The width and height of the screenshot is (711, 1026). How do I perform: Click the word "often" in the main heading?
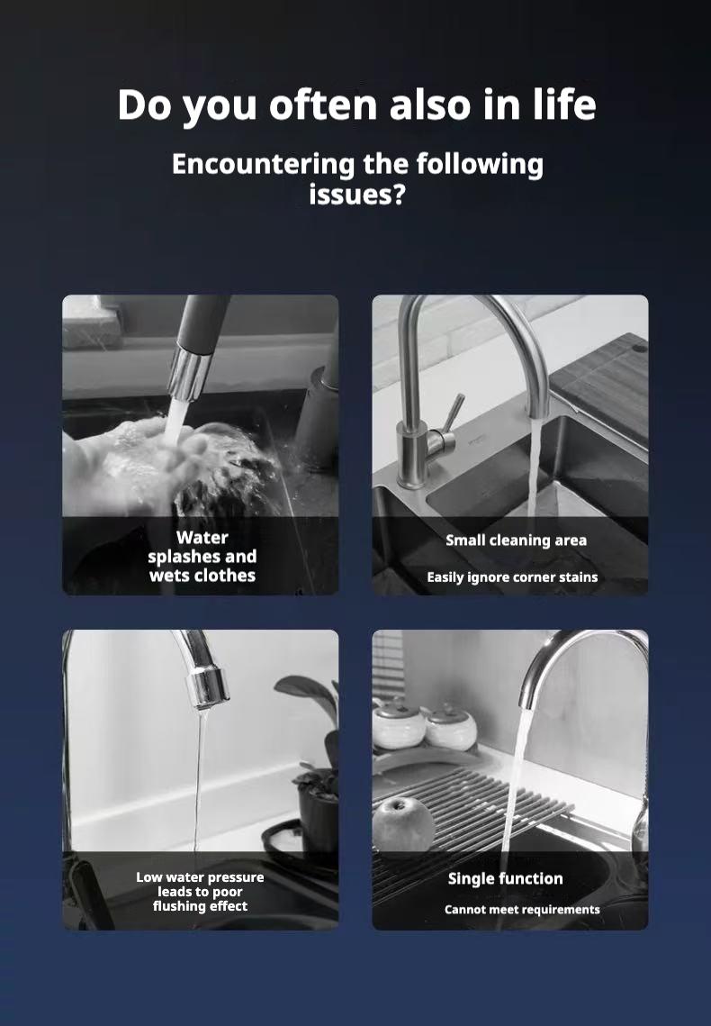coord(323,105)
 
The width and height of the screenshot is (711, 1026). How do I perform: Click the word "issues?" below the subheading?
coord(356,193)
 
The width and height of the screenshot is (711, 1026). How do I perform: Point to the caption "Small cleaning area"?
coord(516,540)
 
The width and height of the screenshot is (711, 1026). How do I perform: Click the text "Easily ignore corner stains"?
coord(512,577)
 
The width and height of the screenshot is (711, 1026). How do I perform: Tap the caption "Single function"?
coord(505,878)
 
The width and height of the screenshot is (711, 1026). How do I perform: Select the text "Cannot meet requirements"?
coord(522,910)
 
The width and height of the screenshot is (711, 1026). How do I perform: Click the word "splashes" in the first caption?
coord(181,557)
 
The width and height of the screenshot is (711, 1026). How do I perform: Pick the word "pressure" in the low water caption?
coord(235,877)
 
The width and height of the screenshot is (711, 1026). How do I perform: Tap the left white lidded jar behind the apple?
coord(397,726)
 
